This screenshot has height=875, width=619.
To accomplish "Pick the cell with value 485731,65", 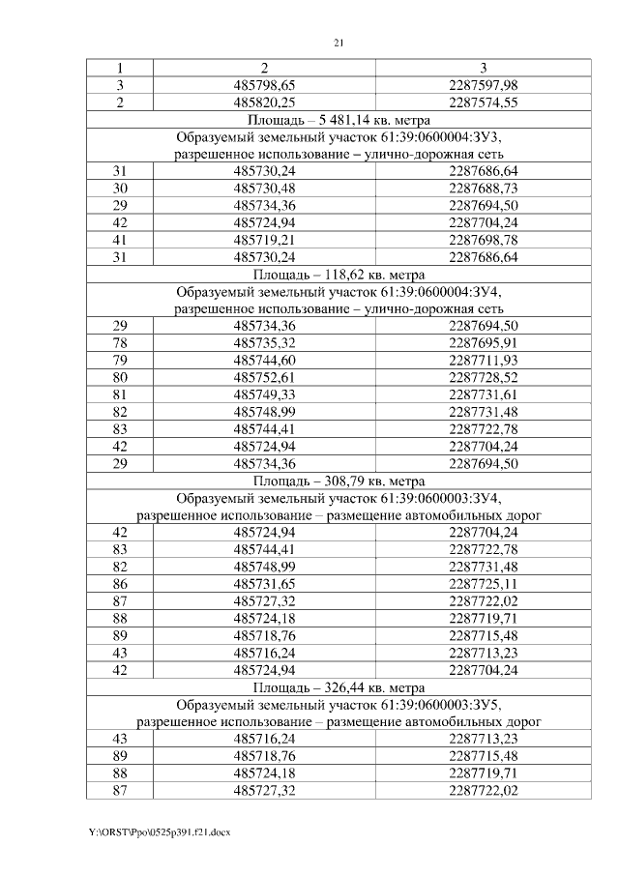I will pos(265,583).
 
